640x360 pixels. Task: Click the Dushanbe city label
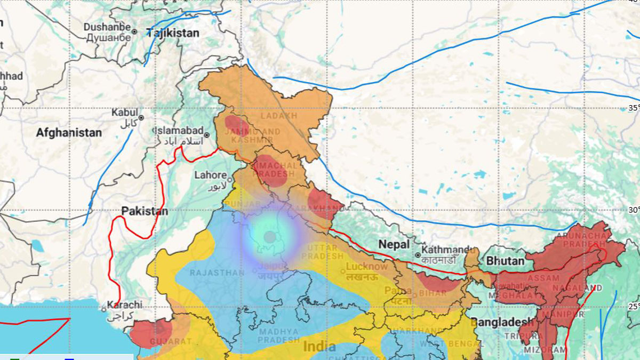tap(107, 27)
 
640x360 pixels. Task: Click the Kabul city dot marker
tap(141, 117)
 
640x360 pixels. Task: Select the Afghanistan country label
tap(69, 133)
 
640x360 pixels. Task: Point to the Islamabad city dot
tap(206, 135)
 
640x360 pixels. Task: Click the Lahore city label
tap(210, 175)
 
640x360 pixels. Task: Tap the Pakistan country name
tap(145, 211)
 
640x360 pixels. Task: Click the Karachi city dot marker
tap(104, 308)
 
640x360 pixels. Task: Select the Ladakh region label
tap(278, 116)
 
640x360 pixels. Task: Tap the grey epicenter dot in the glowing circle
tap(270, 236)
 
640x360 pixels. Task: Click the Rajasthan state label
tap(221, 273)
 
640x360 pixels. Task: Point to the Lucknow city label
tap(367, 266)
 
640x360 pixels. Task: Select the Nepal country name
tap(394, 244)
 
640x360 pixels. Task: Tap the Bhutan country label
tap(505, 261)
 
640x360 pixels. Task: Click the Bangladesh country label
tap(501, 322)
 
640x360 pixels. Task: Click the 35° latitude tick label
tap(634, 108)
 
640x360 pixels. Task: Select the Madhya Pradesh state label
tap(279, 335)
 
